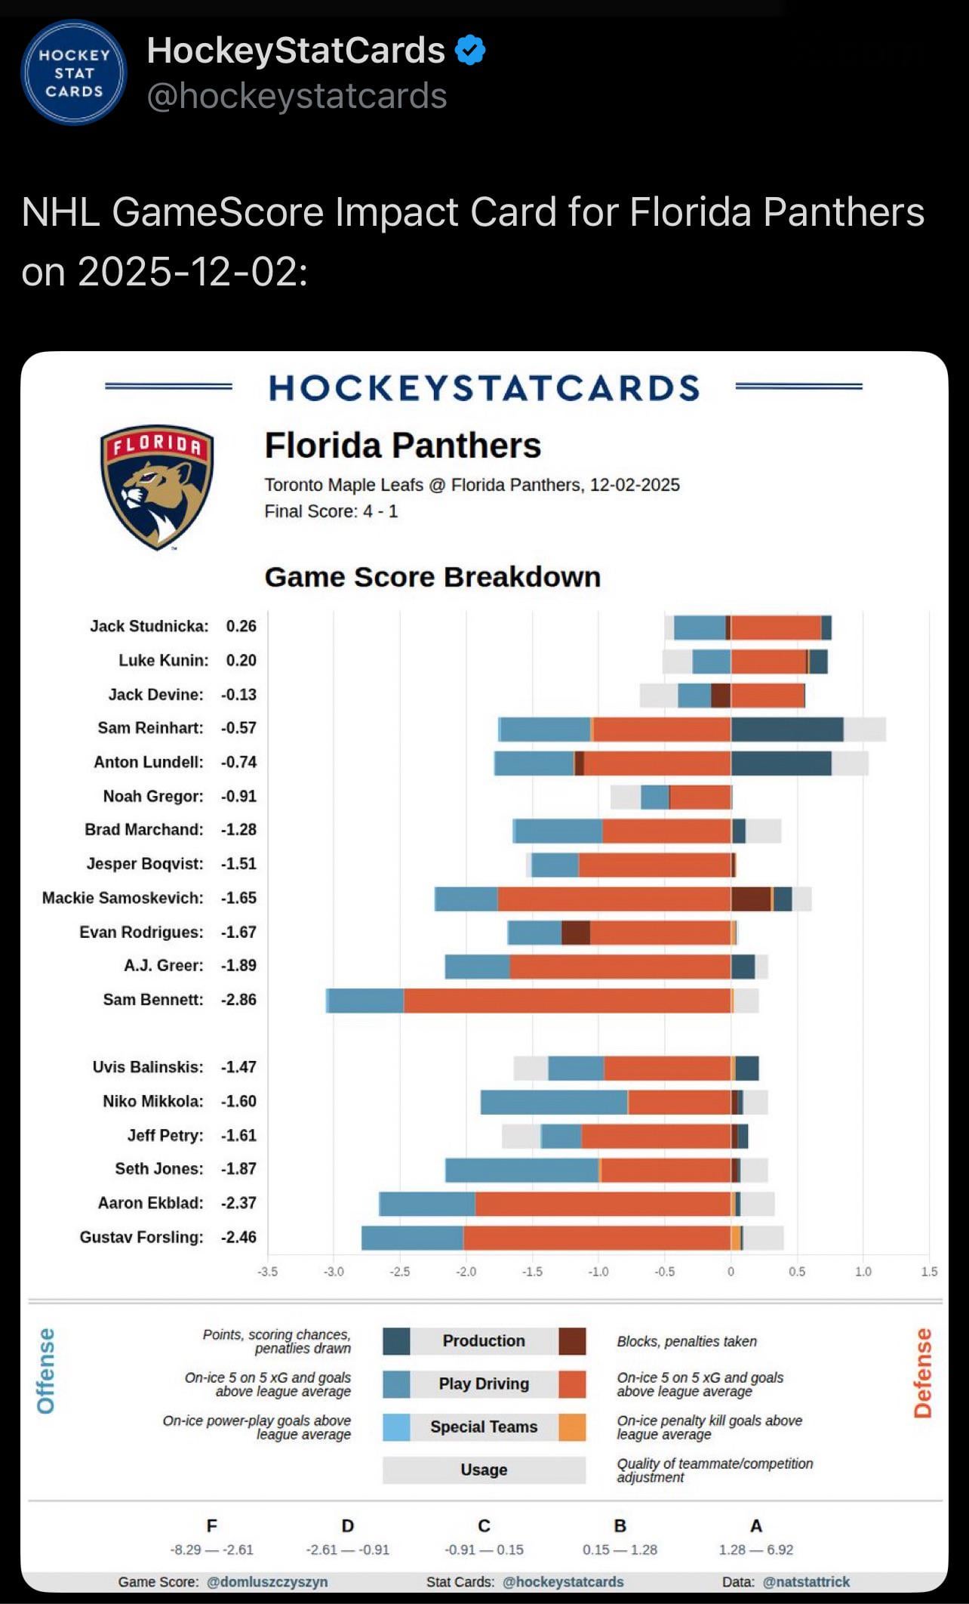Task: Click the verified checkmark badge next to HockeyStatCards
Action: pyautogui.click(x=470, y=51)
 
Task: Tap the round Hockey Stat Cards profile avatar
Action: pyautogui.click(x=74, y=72)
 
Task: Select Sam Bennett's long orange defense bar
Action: pyautogui.click(x=567, y=1000)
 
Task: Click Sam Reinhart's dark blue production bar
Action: pyautogui.click(x=786, y=729)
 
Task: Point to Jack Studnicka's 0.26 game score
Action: pyautogui.click(x=241, y=626)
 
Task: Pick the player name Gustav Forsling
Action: pyautogui.click(x=141, y=1237)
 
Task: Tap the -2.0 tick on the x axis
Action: pyautogui.click(x=466, y=1272)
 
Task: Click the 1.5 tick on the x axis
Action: pyautogui.click(x=929, y=1272)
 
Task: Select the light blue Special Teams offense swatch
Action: pyautogui.click(x=396, y=1427)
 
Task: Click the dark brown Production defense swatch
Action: pyautogui.click(x=572, y=1341)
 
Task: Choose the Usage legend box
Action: pyautogui.click(x=484, y=1470)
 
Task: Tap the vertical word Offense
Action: pyautogui.click(x=46, y=1371)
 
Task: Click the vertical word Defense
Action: pyautogui.click(x=923, y=1373)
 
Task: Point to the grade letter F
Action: pyautogui.click(x=212, y=1525)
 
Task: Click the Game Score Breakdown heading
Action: pyautogui.click(x=432, y=577)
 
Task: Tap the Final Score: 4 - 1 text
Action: pyautogui.click(x=331, y=511)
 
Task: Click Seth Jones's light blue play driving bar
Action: pyautogui.click(x=521, y=1170)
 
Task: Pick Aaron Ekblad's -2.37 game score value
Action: pyautogui.click(x=238, y=1203)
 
